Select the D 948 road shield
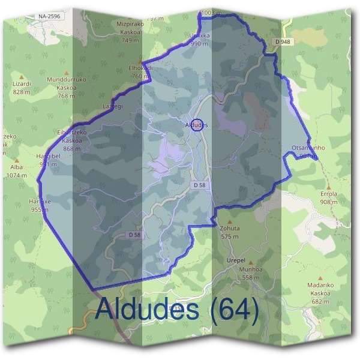[284, 41]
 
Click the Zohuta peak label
[230, 228]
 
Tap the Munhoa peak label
[251, 269]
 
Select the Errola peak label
[329, 194]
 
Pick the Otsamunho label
[307, 148]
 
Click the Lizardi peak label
[22, 85]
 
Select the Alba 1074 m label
[16, 169]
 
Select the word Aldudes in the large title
[146, 310]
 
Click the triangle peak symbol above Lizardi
[22, 76]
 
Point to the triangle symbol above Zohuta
[229, 221]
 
